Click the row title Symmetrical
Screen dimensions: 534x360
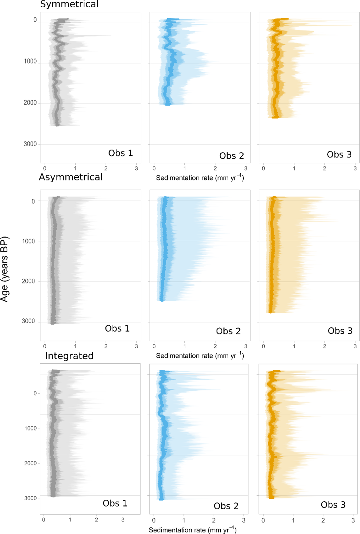coord(69,5)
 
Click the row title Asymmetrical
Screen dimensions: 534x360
coord(71,177)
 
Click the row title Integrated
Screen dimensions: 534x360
coord(69,356)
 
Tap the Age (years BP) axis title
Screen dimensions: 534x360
coord(5,269)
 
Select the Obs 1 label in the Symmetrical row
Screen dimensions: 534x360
coord(120,153)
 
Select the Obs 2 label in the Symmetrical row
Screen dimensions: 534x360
coord(231,156)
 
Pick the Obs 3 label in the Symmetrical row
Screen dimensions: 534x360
coord(339,155)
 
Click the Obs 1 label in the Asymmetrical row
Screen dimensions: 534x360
coord(117,328)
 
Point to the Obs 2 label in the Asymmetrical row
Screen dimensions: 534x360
coord(228,331)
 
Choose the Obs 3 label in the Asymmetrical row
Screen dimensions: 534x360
coord(340,331)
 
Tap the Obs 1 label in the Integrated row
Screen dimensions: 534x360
coord(115,503)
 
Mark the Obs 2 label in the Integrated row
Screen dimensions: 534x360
coord(226,506)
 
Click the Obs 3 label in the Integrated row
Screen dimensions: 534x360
coord(333,505)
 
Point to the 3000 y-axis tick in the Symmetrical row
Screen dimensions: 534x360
coord(30,144)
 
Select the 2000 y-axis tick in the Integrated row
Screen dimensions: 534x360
coord(30,463)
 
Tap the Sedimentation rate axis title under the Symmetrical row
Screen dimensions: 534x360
coord(200,178)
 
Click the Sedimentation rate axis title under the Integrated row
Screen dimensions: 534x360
coord(192,530)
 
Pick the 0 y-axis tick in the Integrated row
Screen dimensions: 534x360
coord(35,394)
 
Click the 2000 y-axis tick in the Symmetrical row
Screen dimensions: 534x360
coord(30,103)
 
